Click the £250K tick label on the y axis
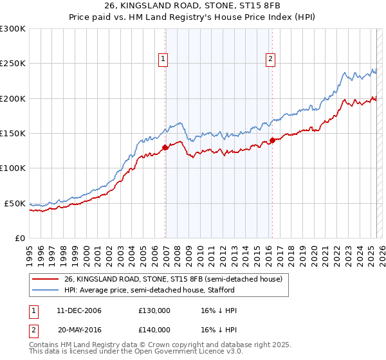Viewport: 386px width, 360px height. coord(13,64)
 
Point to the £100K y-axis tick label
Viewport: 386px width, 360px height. coord(13,168)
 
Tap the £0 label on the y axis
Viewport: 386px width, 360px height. coord(19,238)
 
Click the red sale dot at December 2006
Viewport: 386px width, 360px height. coord(165,147)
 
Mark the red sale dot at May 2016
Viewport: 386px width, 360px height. coord(272,140)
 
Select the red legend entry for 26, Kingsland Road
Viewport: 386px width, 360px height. coord(173,279)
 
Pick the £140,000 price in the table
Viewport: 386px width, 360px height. coord(154,329)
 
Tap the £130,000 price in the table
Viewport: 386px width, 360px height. coord(154,311)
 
